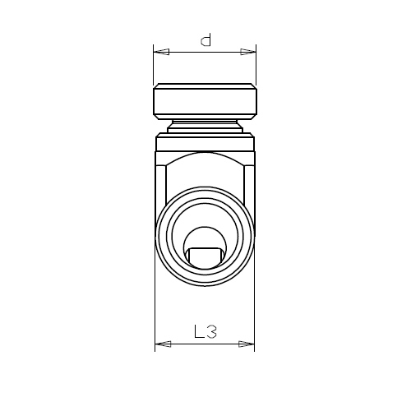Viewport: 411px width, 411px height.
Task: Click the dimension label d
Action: tap(205, 40)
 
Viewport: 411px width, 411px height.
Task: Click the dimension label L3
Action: tap(205, 331)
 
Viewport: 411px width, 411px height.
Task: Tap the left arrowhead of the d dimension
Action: tap(161, 52)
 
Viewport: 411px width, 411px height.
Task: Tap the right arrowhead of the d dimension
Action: tap(248, 52)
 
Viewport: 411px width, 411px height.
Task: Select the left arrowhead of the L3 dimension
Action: tap(163, 344)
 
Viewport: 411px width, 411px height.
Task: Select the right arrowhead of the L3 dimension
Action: tap(247, 344)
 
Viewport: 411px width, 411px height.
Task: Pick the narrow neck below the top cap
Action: tap(205, 127)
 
